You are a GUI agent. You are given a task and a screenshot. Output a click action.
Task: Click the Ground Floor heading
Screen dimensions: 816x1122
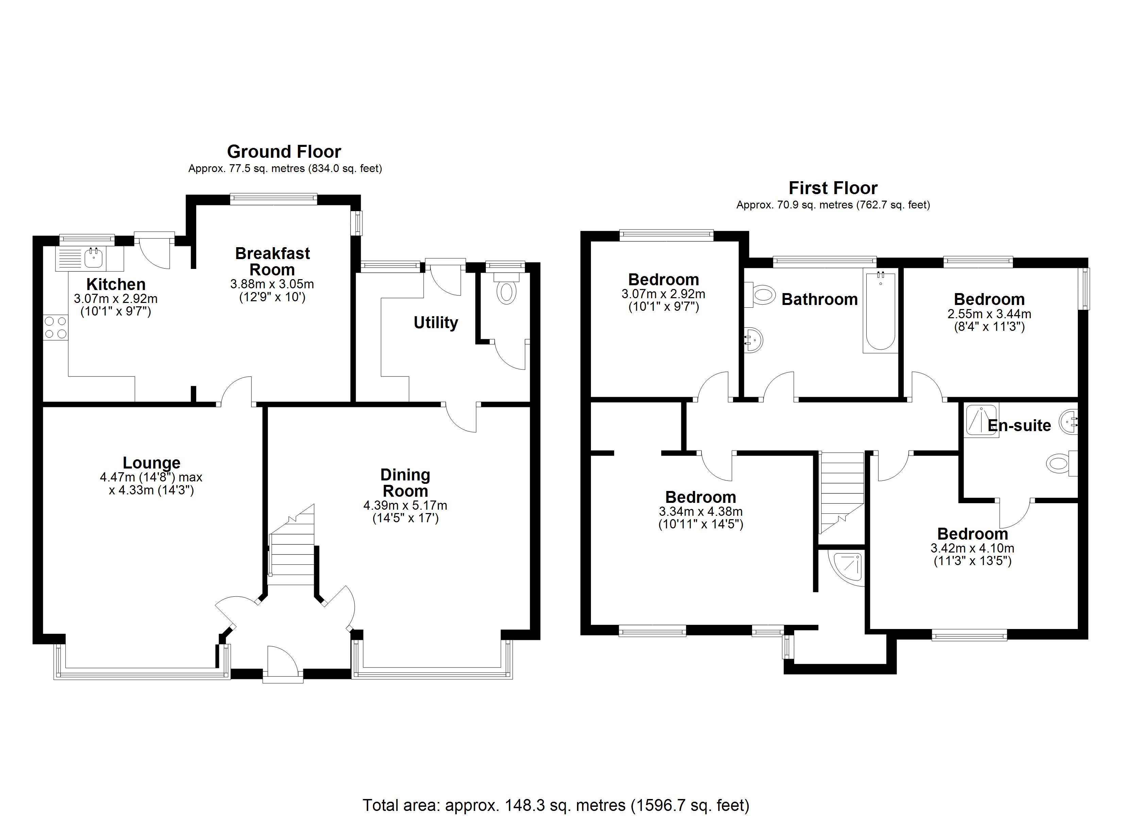click(284, 151)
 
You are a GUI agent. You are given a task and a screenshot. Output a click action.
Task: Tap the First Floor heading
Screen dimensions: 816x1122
click(833, 188)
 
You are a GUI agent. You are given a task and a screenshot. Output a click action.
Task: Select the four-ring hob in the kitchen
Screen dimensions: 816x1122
click(55, 327)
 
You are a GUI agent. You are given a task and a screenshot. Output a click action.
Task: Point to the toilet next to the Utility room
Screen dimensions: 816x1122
click(506, 292)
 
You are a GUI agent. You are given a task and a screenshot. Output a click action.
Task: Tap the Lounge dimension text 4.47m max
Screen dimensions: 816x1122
click(151, 477)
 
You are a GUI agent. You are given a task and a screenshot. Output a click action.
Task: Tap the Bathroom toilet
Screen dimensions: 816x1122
click(762, 295)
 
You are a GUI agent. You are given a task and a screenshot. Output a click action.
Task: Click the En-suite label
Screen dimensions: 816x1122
click(1019, 426)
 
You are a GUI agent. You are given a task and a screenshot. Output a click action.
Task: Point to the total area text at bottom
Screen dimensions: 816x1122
click(556, 805)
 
